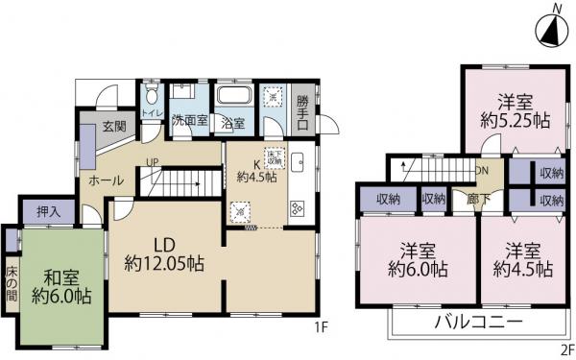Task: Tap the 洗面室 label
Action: [188, 122]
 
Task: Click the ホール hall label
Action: [105, 180]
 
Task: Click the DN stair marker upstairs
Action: [481, 169]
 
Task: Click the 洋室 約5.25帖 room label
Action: [514, 112]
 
